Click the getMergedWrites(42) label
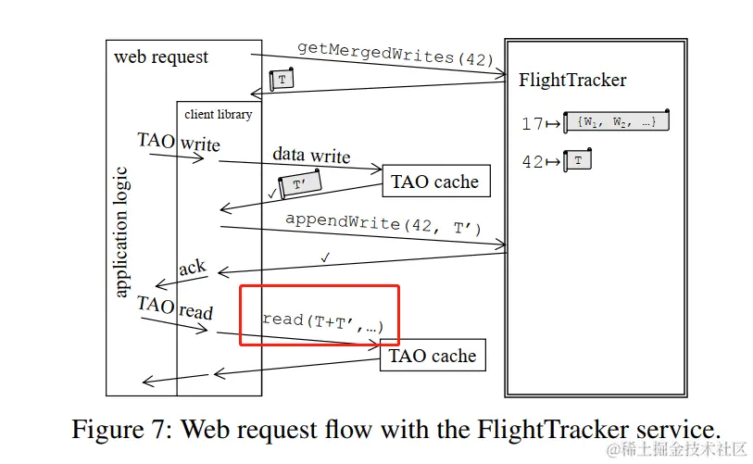(396, 53)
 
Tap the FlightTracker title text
(572, 81)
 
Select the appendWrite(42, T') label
(383, 223)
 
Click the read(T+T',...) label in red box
(322, 321)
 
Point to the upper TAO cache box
(434, 182)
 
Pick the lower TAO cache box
(433, 356)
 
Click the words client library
(218, 114)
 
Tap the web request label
(161, 56)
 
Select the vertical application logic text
(121, 232)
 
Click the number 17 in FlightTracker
(532, 122)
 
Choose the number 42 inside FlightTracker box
(532, 162)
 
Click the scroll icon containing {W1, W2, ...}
(617, 121)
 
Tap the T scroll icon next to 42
(578, 160)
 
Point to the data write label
(311, 156)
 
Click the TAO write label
(179, 143)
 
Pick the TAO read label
(174, 307)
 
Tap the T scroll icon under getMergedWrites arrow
(282, 81)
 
